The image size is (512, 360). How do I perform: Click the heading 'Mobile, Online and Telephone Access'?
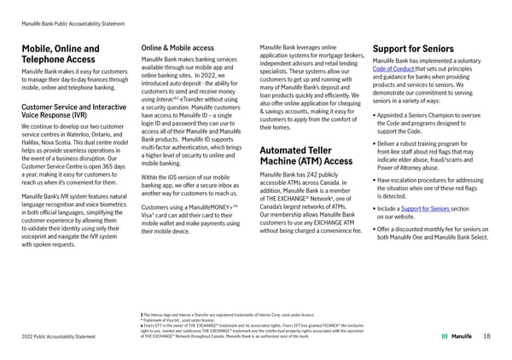pyautogui.click(x=59, y=55)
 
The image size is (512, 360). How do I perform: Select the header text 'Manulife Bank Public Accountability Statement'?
pyautogui.click(x=73, y=10)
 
